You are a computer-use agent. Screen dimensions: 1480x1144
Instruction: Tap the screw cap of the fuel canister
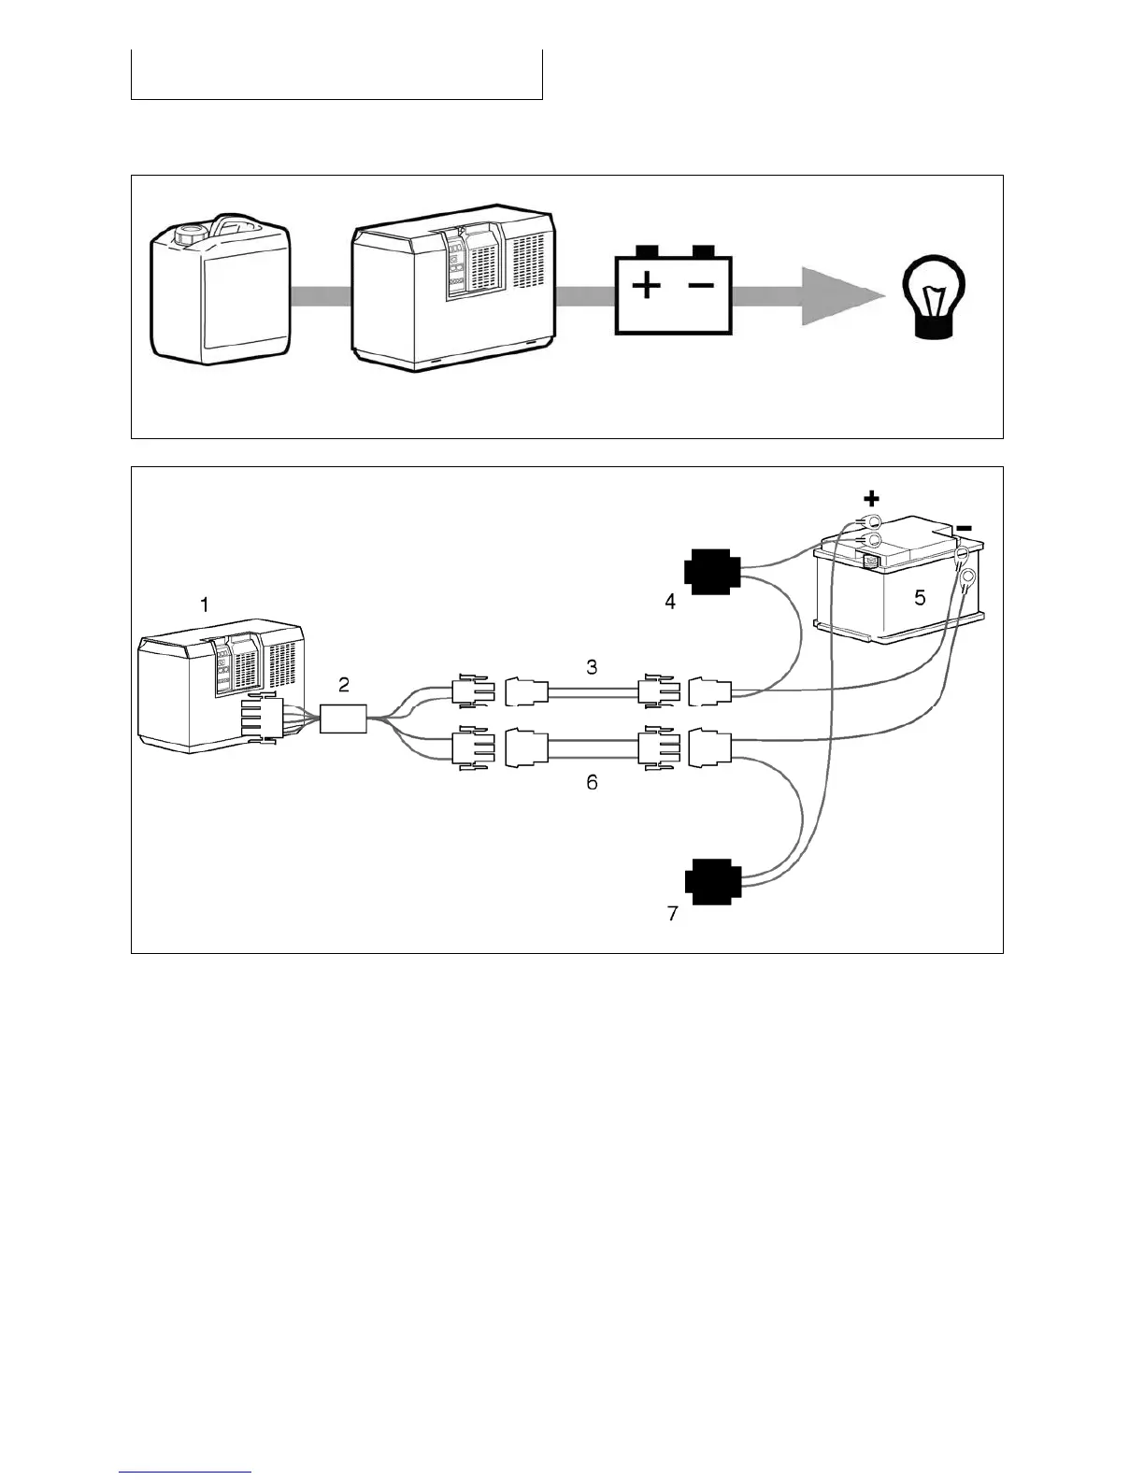click(x=190, y=233)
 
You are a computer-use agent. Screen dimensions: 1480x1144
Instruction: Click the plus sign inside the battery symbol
click(x=646, y=285)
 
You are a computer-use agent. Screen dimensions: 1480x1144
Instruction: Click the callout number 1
click(x=205, y=605)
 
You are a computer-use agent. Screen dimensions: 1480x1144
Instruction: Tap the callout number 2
click(x=344, y=685)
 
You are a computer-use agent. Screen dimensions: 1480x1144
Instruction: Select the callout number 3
click(x=592, y=667)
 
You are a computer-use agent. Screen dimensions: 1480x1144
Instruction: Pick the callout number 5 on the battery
click(x=920, y=598)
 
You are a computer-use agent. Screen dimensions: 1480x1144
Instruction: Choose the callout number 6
click(x=592, y=783)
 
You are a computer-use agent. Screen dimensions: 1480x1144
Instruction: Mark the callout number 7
click(x=672, y=914)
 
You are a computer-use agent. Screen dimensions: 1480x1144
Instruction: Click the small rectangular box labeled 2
click(x=343, y=719)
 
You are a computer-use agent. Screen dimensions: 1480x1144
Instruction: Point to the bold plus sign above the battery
click(x=871, y=499)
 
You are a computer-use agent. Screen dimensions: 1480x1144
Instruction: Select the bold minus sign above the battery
click(x=965, y=528)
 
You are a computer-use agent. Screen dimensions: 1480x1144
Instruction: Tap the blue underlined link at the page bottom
click(x=185, y=1472)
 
